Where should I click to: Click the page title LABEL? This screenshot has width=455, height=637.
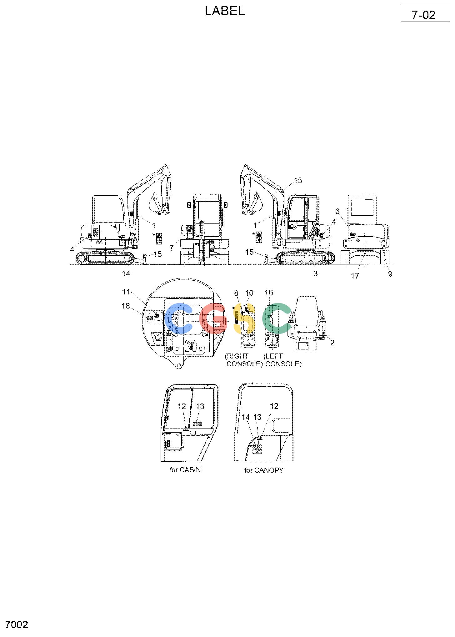[x=225, y=11]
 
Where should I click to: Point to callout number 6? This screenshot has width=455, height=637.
[x=337, y=212]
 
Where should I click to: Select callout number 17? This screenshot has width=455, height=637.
[x=355, y=276]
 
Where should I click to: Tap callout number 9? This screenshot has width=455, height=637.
[x=390, y=274]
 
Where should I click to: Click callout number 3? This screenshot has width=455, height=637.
[x=316, y=273]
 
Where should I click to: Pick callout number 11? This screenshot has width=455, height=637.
[x=126, y=292]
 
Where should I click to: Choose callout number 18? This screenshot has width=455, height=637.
[x=126, y=306]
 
